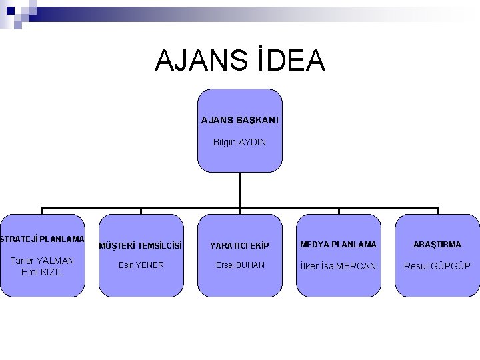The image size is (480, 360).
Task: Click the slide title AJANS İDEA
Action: (239, 60)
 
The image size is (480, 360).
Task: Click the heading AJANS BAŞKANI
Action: (240, 121)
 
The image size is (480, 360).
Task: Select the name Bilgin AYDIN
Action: (239, 142)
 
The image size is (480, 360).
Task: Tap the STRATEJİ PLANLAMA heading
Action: (42, 239)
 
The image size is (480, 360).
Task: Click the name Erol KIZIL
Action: (43, 272)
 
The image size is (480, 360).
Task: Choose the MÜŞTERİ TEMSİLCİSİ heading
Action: (141, 245)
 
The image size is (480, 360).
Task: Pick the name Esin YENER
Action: (141, 265)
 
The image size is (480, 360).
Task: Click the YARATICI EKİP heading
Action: (239, 245)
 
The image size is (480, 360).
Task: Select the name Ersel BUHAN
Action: (240, 265)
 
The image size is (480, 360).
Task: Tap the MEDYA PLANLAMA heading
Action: (338, 245)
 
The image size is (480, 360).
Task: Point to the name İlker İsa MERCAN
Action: (338, 266)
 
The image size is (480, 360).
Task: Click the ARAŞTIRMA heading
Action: (437, 245)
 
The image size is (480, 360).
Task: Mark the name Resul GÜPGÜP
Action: (437, 266)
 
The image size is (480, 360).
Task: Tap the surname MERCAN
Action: (357, 266)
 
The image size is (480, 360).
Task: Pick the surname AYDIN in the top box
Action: (252, 142)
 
